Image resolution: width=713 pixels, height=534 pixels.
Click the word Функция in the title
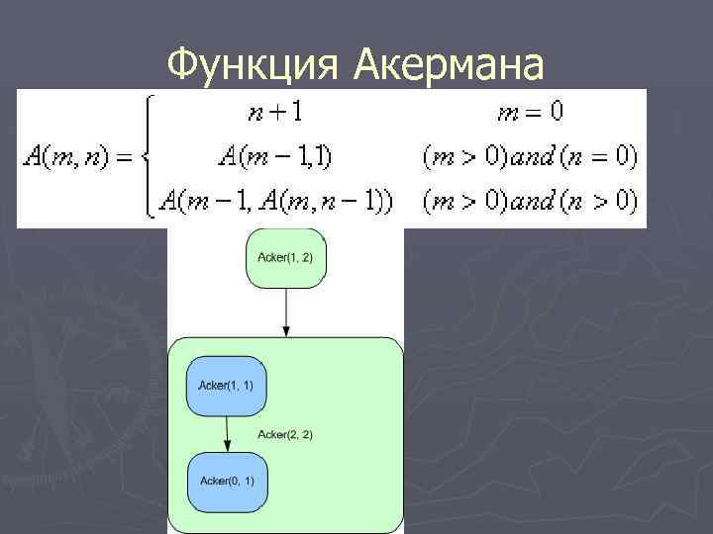coord(256,64)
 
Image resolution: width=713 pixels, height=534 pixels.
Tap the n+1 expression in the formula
coord(275,113)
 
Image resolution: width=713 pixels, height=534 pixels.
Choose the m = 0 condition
coord(530,113)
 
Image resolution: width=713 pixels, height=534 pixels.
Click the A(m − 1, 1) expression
coord(275,156)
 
